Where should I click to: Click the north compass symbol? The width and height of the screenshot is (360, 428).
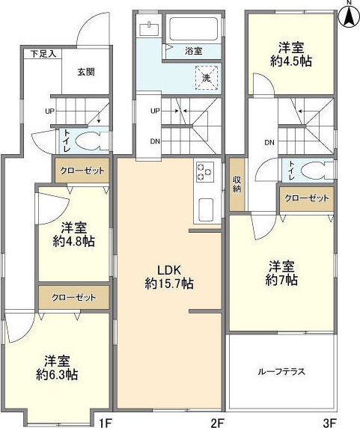click(x=349, y=16)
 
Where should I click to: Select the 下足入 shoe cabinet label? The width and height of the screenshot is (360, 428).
click(x=42, y=55)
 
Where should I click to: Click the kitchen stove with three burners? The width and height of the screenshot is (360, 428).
click(x=204, y=173)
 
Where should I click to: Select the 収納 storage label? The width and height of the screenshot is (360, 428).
click(x=237, y=183)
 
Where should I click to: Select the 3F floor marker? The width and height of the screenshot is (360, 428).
click(x=329, y=422)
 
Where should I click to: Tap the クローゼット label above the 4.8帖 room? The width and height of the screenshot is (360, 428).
click(x=82, y=171)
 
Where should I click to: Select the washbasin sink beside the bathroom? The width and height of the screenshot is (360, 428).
click(x=150, y=28)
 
